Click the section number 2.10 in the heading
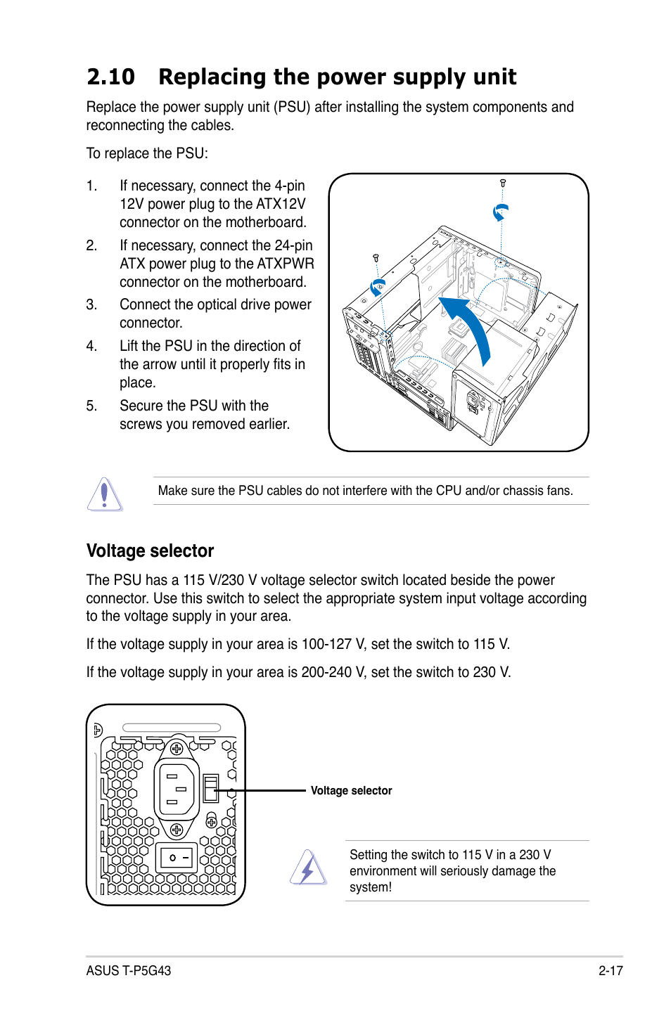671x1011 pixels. pos(110,77)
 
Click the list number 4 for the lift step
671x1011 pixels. pos(91,346)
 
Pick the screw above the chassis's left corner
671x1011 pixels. pos(376,258)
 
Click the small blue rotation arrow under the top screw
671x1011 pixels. pos(500,212)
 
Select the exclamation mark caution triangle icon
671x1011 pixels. pos(105,494)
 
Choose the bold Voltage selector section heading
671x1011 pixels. pos(150,550)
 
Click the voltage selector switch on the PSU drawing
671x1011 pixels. pos(210,789)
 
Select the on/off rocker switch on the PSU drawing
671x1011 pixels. pos(177,857)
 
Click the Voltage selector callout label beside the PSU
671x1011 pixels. pos(351,791)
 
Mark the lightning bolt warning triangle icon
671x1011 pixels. pos(308,869)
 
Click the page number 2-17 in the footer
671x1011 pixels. pos(611,971)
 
